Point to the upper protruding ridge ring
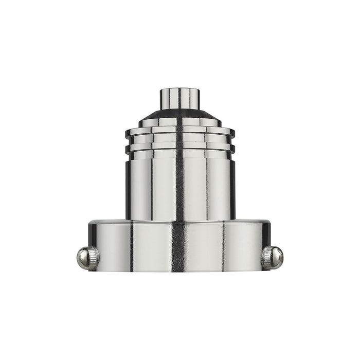pos(154,132)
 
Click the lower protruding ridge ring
pos(154,148)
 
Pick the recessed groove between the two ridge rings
pos(154,140)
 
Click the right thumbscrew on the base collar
pos(273,257)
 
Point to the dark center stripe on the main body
pos(179,185)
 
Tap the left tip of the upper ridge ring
pos(128,132)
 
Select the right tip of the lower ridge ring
pos(232,148)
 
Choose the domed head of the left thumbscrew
pos(82,258)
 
